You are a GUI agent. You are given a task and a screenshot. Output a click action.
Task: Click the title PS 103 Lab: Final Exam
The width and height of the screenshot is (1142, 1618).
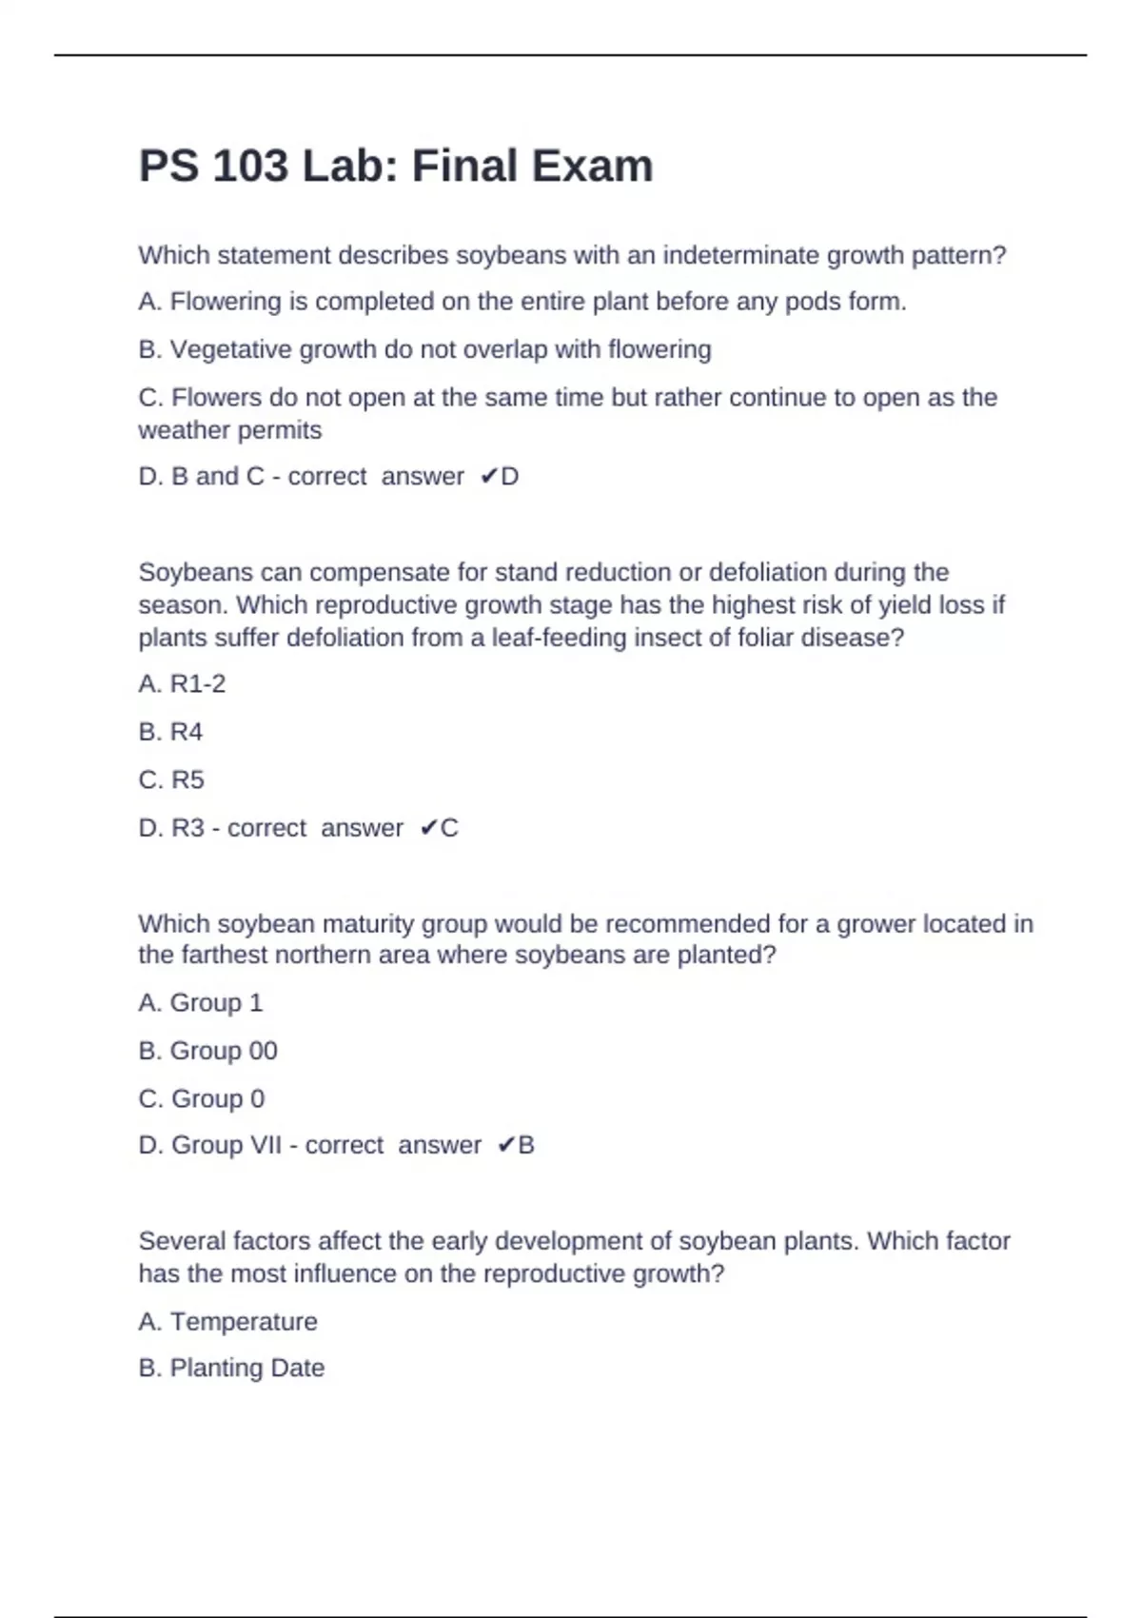click(396, 167)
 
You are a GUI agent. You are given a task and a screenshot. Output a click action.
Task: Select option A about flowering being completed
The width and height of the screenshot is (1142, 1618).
click(522, 302)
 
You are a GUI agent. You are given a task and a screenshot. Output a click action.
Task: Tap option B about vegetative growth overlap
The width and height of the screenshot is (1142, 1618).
click(424, 350)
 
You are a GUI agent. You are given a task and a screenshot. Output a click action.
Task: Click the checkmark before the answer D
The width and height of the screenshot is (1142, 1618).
click(487, 477)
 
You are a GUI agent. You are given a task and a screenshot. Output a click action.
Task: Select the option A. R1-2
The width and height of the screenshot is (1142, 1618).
click(182, 684)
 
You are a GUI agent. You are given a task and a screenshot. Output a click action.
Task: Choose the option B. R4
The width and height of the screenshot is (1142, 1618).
click(170, 732)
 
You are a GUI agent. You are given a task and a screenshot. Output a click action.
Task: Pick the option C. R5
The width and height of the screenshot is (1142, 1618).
click(171, 780)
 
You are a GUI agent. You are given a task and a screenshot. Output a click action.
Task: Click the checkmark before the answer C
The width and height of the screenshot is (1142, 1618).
click(427, 828)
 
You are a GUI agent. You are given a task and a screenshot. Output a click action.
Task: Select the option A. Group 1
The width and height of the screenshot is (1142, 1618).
click(200, 1003)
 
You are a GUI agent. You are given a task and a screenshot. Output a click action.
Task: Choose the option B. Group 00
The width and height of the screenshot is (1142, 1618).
click(207, 1051)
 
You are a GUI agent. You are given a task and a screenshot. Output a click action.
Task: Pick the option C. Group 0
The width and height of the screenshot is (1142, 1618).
click(202, 1099)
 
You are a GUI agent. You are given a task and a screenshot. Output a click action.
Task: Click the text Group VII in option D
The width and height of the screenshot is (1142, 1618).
click(226, 1145)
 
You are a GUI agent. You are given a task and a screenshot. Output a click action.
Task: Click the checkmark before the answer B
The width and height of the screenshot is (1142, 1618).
click(505, 1145)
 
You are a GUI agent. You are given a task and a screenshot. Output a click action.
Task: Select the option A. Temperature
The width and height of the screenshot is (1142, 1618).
click(227, 1322)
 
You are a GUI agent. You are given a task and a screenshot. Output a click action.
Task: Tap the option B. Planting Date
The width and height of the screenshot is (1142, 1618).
click(231, 1369)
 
